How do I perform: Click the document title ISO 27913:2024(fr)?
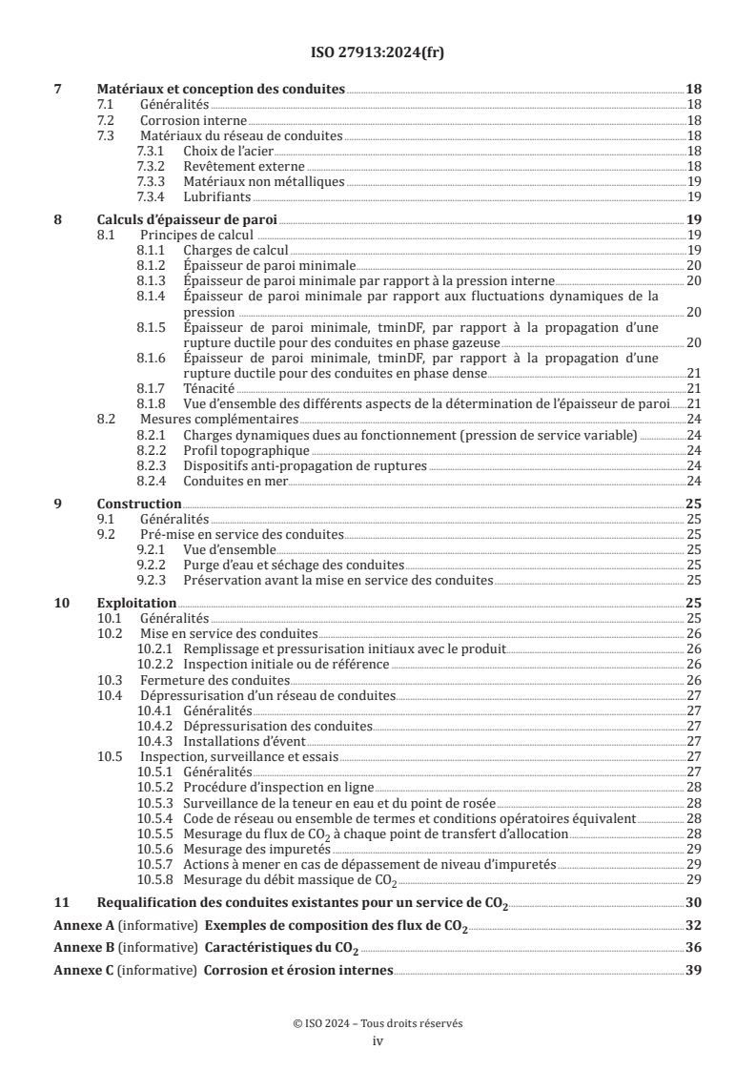click(x=378, y=52)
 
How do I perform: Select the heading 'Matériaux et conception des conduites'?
click(x=221, y=89)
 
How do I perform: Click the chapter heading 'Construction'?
click(x=139, y=503)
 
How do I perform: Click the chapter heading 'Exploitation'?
click(x=137, y=603)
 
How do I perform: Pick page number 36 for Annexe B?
click(x=694, y=948)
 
